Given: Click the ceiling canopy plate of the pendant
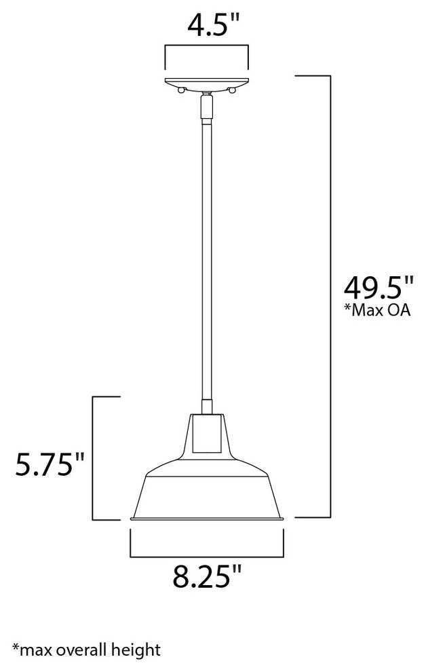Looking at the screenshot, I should pos(207,82).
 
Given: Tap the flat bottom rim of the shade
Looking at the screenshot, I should pos(206,519).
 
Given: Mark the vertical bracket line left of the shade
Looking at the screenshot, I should pos(93,458).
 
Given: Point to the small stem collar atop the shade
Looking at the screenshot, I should pos(207,407).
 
